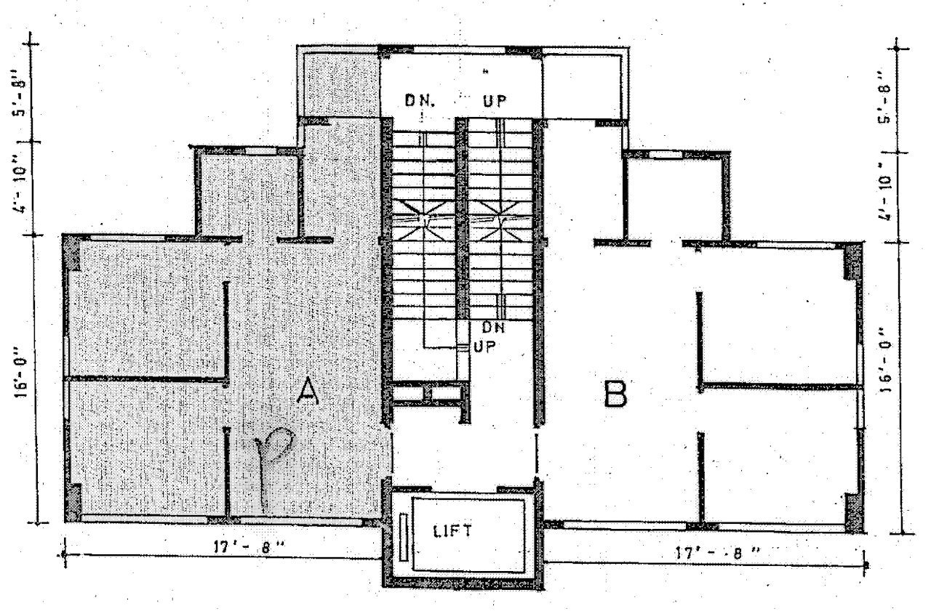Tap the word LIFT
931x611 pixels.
pyautogui.click(x=452, y=531)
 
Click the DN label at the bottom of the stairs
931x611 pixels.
pyautogui.click(x=493, y=328)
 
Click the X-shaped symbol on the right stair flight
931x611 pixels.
pyautogui.click(x=503, y=219)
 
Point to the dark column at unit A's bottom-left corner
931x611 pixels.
pyautogui.click(x=73, y=501)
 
